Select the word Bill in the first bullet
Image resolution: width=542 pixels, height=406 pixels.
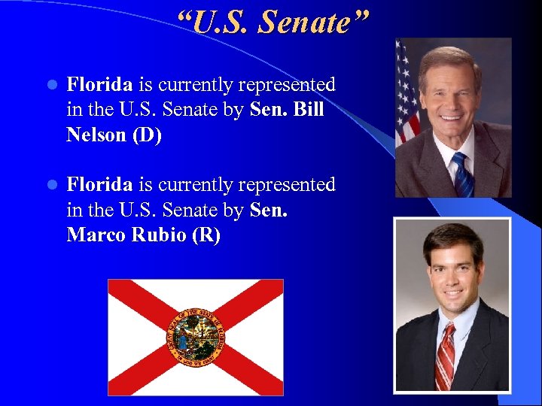tap(309, 110)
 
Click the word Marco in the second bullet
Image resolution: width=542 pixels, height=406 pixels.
tap(96, 235)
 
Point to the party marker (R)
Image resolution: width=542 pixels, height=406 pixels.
tap(206, 235)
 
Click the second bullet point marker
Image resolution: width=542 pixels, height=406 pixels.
tap(50, 185)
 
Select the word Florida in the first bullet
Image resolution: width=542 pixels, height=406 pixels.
tap(99, 85)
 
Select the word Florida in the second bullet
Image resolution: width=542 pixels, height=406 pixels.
tap(99, 184)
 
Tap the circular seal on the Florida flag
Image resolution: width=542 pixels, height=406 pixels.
tap(195, 337)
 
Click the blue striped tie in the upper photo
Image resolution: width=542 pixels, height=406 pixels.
tap(460, 174)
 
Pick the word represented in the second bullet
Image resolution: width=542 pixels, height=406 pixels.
tap(289, 184)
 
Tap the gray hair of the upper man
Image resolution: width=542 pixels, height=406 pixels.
tap(450, 57)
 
